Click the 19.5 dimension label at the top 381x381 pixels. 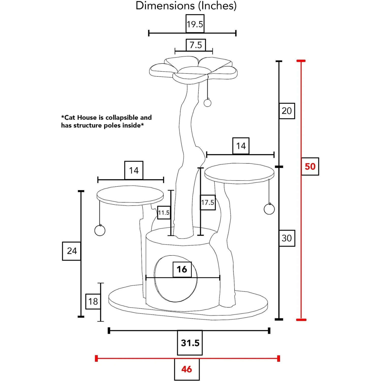click(195, 24)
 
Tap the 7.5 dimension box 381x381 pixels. click(196, 45)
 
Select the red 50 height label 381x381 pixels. click(310, 166)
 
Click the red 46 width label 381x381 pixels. click(187, 369)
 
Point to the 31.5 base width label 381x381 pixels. click(190, 343)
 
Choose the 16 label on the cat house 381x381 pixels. click(182, 269)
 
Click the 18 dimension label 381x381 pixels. click(93, 301)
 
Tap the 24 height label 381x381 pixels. click(72, 251)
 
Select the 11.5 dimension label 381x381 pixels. click(164, 213)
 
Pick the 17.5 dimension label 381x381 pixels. click(208, 202)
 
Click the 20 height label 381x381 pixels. click(287, 111)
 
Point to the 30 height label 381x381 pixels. click(287, 238)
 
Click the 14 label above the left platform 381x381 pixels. click(134, 170)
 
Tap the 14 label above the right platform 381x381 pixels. click(241, 146)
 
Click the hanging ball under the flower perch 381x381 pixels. click(208, 103)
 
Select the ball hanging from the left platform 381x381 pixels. click(100, 230)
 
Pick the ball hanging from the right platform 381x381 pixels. click(269, 209)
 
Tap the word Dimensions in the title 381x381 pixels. click(165, 6)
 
